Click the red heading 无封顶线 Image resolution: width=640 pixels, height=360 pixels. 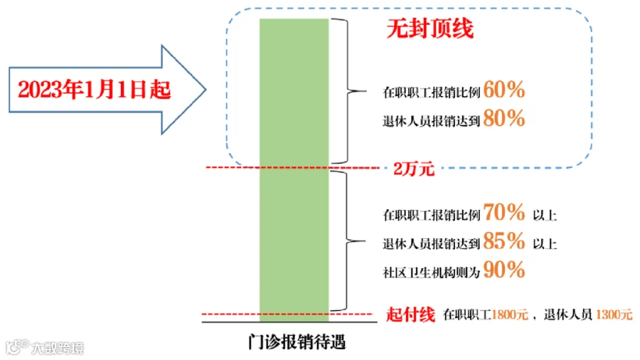pos(430,28)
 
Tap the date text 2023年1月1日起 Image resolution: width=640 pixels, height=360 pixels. pos(95,90)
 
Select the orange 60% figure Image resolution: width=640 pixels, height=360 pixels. pos(504,90)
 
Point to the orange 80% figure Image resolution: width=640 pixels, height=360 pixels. pos(504,118)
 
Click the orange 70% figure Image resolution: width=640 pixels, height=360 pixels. pos(504,212)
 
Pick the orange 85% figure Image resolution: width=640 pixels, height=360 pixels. pos(504,240)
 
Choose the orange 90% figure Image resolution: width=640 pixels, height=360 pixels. pos(504,270)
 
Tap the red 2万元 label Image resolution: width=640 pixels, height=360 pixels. pos(414,169)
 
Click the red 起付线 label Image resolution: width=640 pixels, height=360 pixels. pos(410,314)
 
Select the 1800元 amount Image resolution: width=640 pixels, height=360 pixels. pos(510,314)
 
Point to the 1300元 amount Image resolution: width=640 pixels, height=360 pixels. pos(614,314)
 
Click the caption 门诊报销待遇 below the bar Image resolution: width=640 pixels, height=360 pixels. pos(297,342)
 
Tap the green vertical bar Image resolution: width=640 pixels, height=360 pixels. pos(294,170)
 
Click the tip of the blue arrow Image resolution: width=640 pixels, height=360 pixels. pos(206,90)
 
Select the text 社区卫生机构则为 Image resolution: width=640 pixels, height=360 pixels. pos(432,272)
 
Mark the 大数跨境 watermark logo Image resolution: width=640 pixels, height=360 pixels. pos(45,347)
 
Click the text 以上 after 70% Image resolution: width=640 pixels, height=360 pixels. pos(545,215)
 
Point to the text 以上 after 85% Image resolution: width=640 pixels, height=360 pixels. pos(545,244)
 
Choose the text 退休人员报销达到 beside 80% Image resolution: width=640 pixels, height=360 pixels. pos(432,121)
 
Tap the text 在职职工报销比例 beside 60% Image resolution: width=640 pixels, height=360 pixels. pos(432,92)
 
